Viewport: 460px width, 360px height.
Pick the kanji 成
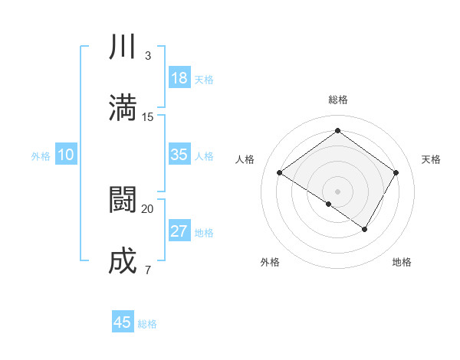(x=123, y=260)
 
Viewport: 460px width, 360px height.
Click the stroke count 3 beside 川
(x=148, y=56)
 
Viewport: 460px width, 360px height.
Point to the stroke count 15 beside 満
(x=148, y=117)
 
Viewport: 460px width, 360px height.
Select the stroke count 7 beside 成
(x=147, y=270)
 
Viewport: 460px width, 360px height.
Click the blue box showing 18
(x=179, y=78)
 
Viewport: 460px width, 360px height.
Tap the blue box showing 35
(x=179, y=155)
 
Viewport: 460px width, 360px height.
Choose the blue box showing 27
(x=179, y=231)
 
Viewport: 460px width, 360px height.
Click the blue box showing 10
(x=66, y=155)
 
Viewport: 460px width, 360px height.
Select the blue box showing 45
(x=123, y=322)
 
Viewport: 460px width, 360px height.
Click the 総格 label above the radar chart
(x=338, y=100)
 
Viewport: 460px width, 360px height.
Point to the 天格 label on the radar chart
(x=432, y=159)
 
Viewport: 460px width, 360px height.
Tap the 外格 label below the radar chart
(x=270, y=263)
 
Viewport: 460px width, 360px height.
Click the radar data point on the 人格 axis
(x=280, y=173)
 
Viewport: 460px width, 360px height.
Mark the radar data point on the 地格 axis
(x=365, y=229)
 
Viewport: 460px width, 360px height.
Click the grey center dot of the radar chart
(x=337, y=191)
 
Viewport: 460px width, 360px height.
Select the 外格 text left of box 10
(x=41, y=155)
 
